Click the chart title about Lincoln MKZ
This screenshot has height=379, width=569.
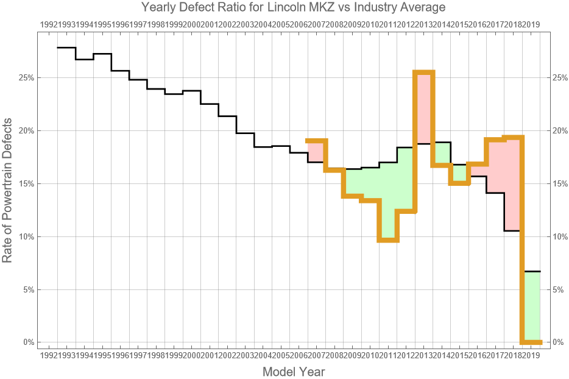click(293, 7)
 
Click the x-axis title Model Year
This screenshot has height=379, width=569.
click(293, 371)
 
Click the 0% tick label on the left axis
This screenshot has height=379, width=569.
click(27, 342)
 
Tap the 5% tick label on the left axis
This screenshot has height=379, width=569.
click(27, 289)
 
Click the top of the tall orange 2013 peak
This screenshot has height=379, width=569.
click(424, 73)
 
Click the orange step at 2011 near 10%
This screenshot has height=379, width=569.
click(388, 240)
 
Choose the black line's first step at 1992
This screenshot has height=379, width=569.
click(66, 48)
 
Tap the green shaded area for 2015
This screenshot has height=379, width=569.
click(460, 174)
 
